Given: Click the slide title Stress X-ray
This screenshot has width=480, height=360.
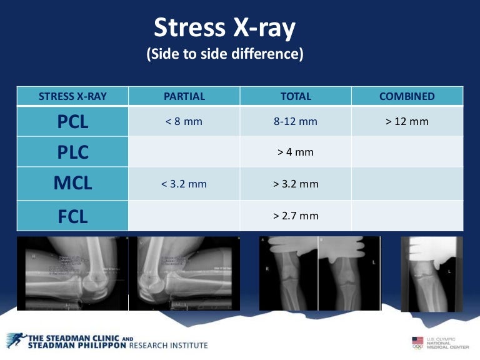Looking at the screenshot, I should point(226,27).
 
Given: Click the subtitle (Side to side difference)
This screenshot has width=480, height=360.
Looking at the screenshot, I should point(225,54).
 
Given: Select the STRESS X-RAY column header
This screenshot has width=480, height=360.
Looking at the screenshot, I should point(72,96).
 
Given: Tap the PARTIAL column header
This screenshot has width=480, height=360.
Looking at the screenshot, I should point(184,96).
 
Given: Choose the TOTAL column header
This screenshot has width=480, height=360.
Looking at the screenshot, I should point(296,96).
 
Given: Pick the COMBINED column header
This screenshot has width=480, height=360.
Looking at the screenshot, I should point(407,96).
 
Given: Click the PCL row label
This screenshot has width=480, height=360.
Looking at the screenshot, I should point(72,121).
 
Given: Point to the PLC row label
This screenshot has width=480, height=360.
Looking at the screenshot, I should point(72,152).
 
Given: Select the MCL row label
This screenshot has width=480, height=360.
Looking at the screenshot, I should point(72,184).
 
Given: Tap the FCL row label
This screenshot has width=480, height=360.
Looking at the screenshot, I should point(72,216).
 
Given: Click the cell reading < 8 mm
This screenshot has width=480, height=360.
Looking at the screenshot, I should point(184,121).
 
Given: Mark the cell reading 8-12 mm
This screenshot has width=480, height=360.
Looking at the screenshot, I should point(296,121).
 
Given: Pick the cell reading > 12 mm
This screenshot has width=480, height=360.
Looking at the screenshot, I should point(407,121).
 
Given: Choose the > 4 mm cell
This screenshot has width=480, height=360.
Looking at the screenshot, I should point(296,152).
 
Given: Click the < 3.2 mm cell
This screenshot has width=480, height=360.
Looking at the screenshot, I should point(184,184).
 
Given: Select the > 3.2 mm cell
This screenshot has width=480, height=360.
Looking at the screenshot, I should point(296,184).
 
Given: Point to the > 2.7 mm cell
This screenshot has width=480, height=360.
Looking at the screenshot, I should point(296,216).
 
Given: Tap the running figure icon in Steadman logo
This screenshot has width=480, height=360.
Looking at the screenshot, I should point(16,340).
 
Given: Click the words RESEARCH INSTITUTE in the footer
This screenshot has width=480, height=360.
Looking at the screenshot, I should point(168,345).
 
